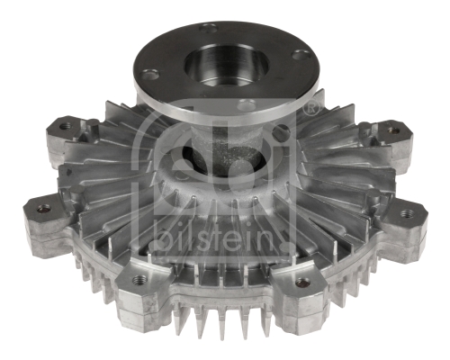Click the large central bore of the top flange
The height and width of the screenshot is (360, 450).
coord(226,65)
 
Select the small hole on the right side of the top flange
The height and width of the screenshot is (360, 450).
coord(301,55)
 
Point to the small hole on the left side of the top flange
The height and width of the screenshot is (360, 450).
coord(150,74)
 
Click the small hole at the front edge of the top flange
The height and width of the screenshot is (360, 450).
coord(247,104)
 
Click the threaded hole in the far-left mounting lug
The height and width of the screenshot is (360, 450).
coord(44,208)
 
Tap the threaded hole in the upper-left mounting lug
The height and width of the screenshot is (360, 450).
coord(65,126)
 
